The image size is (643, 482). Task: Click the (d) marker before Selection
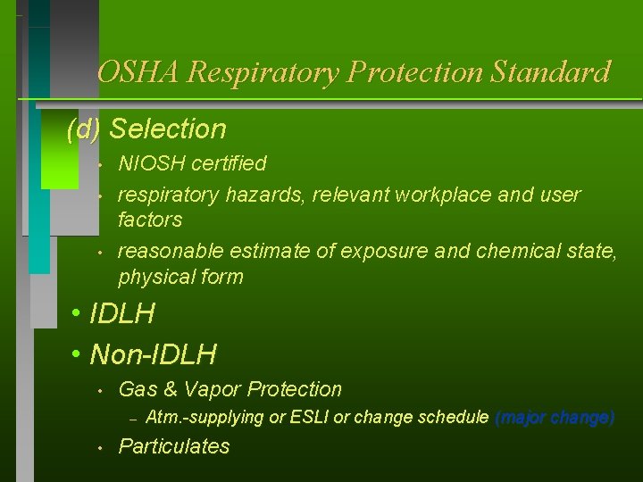coord(84,129)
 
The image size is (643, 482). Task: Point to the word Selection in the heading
coord(168,129)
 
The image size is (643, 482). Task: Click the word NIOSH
coord(150,163)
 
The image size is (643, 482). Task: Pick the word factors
coord(150,220)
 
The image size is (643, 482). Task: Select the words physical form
coord(180,277)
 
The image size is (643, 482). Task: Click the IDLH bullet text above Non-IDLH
coord(122,314)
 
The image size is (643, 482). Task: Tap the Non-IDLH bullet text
coord(154,355)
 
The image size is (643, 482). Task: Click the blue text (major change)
coord(554,418)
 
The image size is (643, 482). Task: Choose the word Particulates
coord(174,446)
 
